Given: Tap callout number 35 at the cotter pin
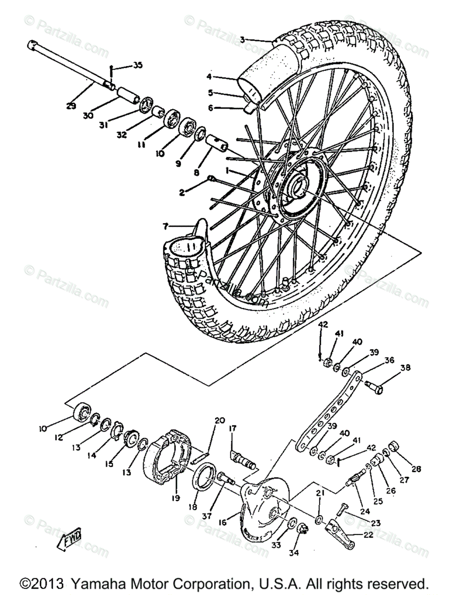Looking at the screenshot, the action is coord(137,65).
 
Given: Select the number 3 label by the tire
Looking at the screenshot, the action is coord(242,39).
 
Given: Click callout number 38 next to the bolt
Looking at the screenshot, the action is coord(406,368).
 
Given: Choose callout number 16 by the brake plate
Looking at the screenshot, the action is coord(222,522).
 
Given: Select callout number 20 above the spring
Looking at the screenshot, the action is coord(220,420).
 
